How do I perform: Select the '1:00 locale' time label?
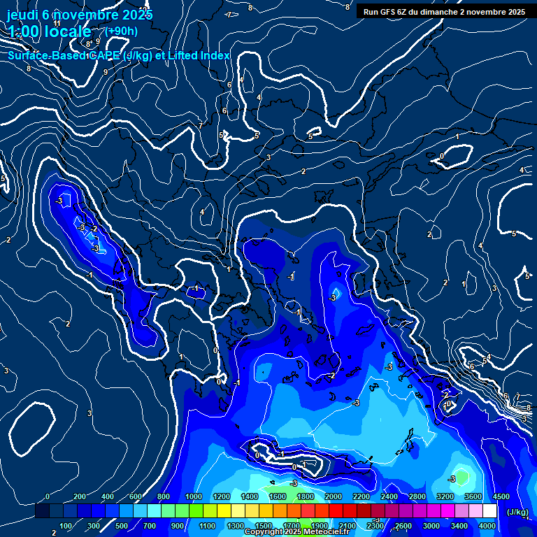pyautogui.click(x=50, y=31)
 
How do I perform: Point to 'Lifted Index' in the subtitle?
pyautogui.click(x=199, y=56)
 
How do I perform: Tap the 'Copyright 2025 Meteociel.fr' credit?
pyautogui.click(x=297, y=532)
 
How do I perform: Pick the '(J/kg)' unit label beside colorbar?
pyautogui.click(x=517, y=513)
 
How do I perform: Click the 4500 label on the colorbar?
pyautogui.click(x=501, y=497)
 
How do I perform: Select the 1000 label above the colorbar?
pyautogui.click(x=193, y=497)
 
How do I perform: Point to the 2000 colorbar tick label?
pyautogui.click(x=333, y=497)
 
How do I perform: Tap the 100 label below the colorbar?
pyautogui.click(x=66, y=526)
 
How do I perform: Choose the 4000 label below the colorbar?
pyautogui.click(x=487, y=526)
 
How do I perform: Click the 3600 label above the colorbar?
pyautogui.click(x=473, y=497)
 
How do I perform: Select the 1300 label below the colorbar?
pyautogui.click(x=235, y=526)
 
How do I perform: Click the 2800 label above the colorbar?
pyautogui.click(x=417, y=497)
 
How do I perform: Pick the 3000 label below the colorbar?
pyautogui.click(x=431, y=526)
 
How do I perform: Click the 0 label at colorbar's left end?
pyautogui.click(x=47, y=497)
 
